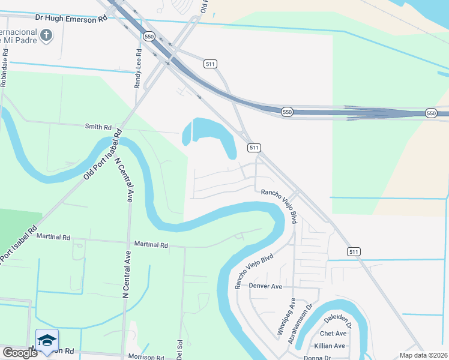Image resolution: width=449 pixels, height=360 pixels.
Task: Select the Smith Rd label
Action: pos(98,127)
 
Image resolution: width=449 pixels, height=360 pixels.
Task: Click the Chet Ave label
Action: pos(333,334)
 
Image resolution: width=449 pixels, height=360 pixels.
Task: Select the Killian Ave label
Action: pos(330,346)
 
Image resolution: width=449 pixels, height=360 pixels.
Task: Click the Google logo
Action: pos(19,352)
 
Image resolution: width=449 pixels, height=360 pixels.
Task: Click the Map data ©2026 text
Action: pos(423,355)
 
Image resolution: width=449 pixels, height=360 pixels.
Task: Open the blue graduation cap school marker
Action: pos(47,341)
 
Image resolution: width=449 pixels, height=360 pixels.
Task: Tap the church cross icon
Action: pos(46,35)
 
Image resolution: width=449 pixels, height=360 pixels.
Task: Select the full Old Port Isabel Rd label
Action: pos(100,157)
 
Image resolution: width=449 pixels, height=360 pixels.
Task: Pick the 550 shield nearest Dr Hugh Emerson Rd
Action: pos(149,37)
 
